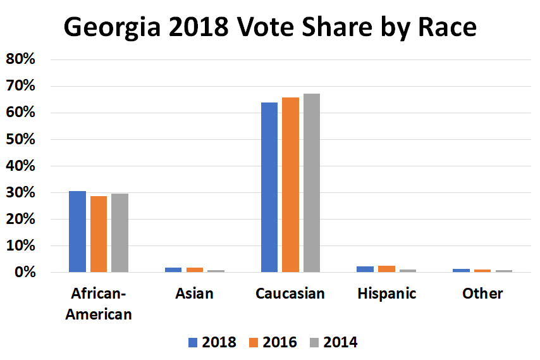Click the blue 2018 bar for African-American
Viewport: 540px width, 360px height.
click(77, 232)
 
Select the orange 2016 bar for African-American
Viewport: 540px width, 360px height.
click(99, 234)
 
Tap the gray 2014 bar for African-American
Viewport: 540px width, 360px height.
click(120, 233)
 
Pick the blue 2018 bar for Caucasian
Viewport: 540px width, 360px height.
click(269, 187)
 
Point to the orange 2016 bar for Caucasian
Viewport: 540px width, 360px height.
click(290, 185)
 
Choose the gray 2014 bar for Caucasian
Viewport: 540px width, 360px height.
click(311, 183)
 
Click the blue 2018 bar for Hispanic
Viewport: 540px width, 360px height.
click(365, 270)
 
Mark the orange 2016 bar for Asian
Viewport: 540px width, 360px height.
click(195, 270)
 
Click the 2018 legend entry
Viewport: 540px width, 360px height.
click(212, 342)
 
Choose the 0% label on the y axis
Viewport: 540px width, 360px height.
click(27, 273)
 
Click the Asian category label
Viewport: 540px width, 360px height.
click(194, 294)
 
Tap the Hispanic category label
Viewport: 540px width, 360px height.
click(386, 294)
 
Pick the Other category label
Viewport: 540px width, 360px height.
click(482, 294)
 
